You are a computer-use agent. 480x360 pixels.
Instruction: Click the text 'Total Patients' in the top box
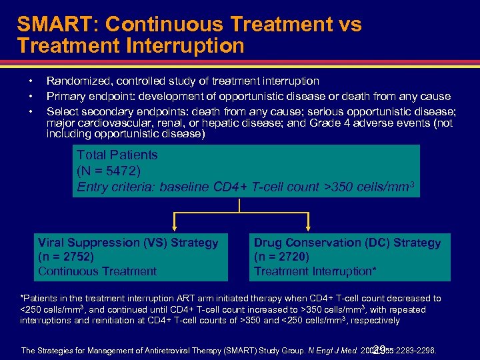(117, 155)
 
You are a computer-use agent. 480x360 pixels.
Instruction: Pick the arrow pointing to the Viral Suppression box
(175, 225)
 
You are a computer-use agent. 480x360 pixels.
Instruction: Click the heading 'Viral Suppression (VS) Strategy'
(128, 243)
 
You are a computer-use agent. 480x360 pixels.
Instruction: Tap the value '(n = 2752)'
(66, 257)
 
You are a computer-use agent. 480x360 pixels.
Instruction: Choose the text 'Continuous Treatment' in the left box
(97, 271)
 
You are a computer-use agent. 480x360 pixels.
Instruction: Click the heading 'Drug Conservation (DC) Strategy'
(347, 243)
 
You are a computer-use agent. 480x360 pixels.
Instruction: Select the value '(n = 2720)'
(282, 257)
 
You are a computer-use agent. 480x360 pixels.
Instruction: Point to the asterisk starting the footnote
(23, 297)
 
